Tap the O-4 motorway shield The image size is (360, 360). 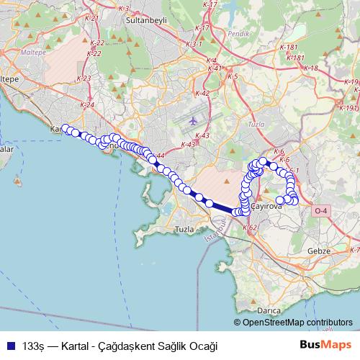coord(320,210)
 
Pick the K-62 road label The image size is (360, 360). coord(251,228)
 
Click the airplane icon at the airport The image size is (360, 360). coord(192,120)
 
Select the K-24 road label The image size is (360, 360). coord(88,105)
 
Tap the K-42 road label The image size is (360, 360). coord(202,93)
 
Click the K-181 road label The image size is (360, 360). coord(294,58)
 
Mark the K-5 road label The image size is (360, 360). coord(233,76)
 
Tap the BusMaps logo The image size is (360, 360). coord(325,345)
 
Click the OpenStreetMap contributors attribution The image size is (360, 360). coord(297,323)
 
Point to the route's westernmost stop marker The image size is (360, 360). coord(66,128)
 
